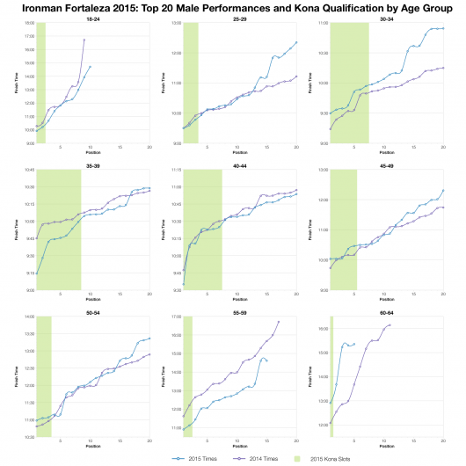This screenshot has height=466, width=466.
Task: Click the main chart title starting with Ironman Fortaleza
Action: click(x=232, y=8)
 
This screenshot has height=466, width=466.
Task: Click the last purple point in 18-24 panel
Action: click(x=84, y=40)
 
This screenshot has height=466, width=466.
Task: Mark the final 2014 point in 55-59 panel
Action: click(x=278, y=322)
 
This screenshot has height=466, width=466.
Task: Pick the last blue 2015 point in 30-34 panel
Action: click(x=443, y=28)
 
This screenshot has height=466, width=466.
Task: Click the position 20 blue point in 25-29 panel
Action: click(x=296, y=42)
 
